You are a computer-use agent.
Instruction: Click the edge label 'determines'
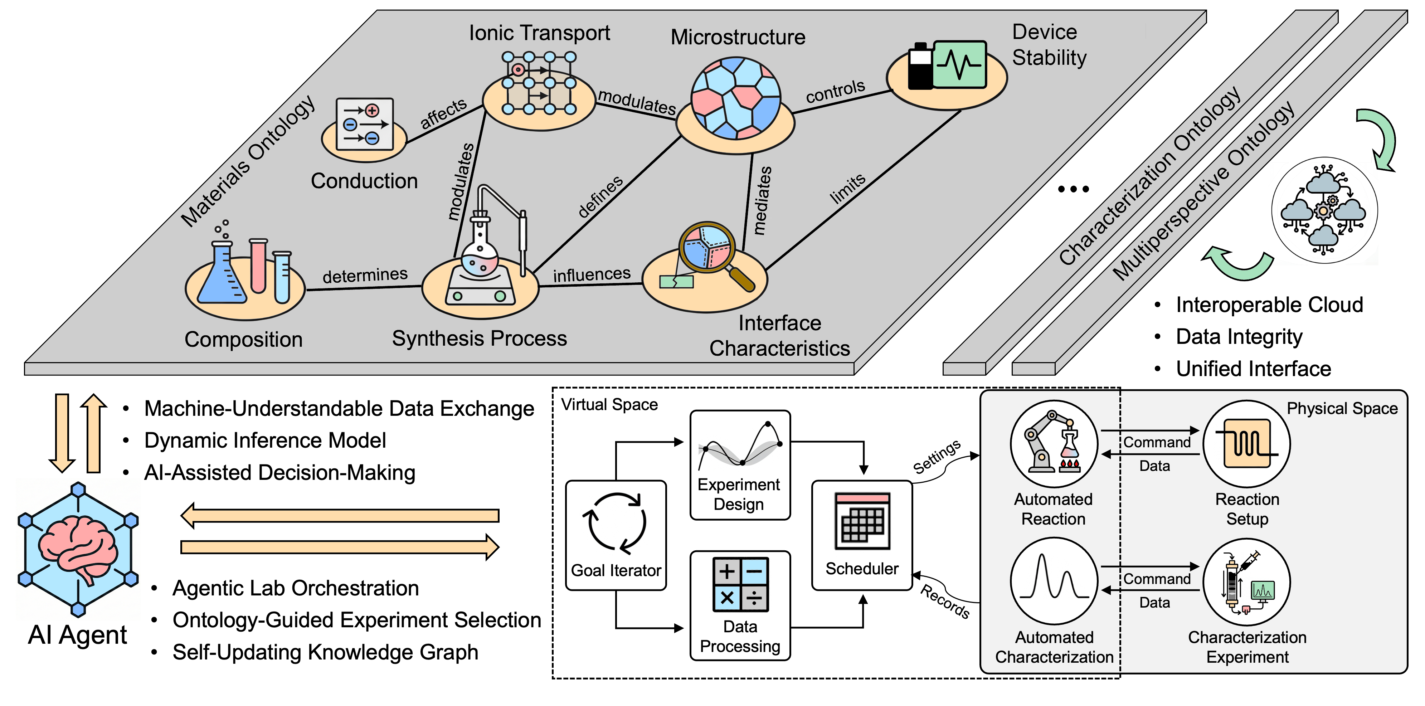(365, 275)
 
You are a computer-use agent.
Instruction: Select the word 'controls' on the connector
(835, 91)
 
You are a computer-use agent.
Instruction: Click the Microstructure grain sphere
(736, 98)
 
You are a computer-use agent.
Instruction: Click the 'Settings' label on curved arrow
(936, 457)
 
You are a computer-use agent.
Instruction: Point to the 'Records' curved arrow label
(945, 602)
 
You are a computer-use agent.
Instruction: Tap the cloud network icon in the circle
(1324, 210)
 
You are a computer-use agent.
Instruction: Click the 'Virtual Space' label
(609, 404)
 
